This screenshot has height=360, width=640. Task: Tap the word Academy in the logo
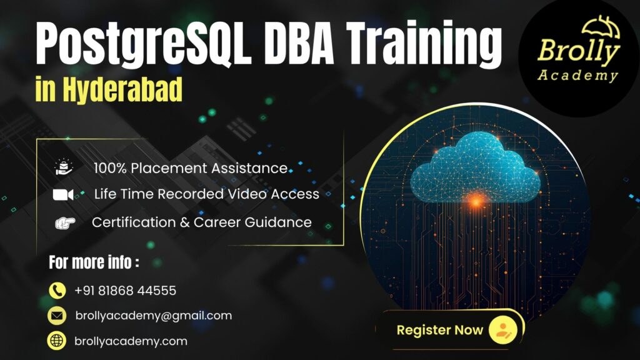click(577, 76)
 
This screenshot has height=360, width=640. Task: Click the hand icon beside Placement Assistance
click(64, 167)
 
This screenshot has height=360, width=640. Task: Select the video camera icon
click(63, 194)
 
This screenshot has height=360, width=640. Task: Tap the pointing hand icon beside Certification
click(64, 222)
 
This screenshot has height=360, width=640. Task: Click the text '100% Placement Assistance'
click(191, 168)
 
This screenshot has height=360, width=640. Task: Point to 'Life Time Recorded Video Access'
click(206, 194)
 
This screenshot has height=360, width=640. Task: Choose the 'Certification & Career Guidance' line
click(201, 222)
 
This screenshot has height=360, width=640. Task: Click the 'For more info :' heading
click(94, 262)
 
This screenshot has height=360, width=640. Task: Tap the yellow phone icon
click(57, 291)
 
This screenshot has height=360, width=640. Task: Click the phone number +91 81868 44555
click(125, 291)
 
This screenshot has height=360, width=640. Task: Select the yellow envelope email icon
click(57, 316)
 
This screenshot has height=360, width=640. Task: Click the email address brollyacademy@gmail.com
click(153, 316)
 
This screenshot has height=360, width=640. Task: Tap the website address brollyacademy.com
click(131, 341)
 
